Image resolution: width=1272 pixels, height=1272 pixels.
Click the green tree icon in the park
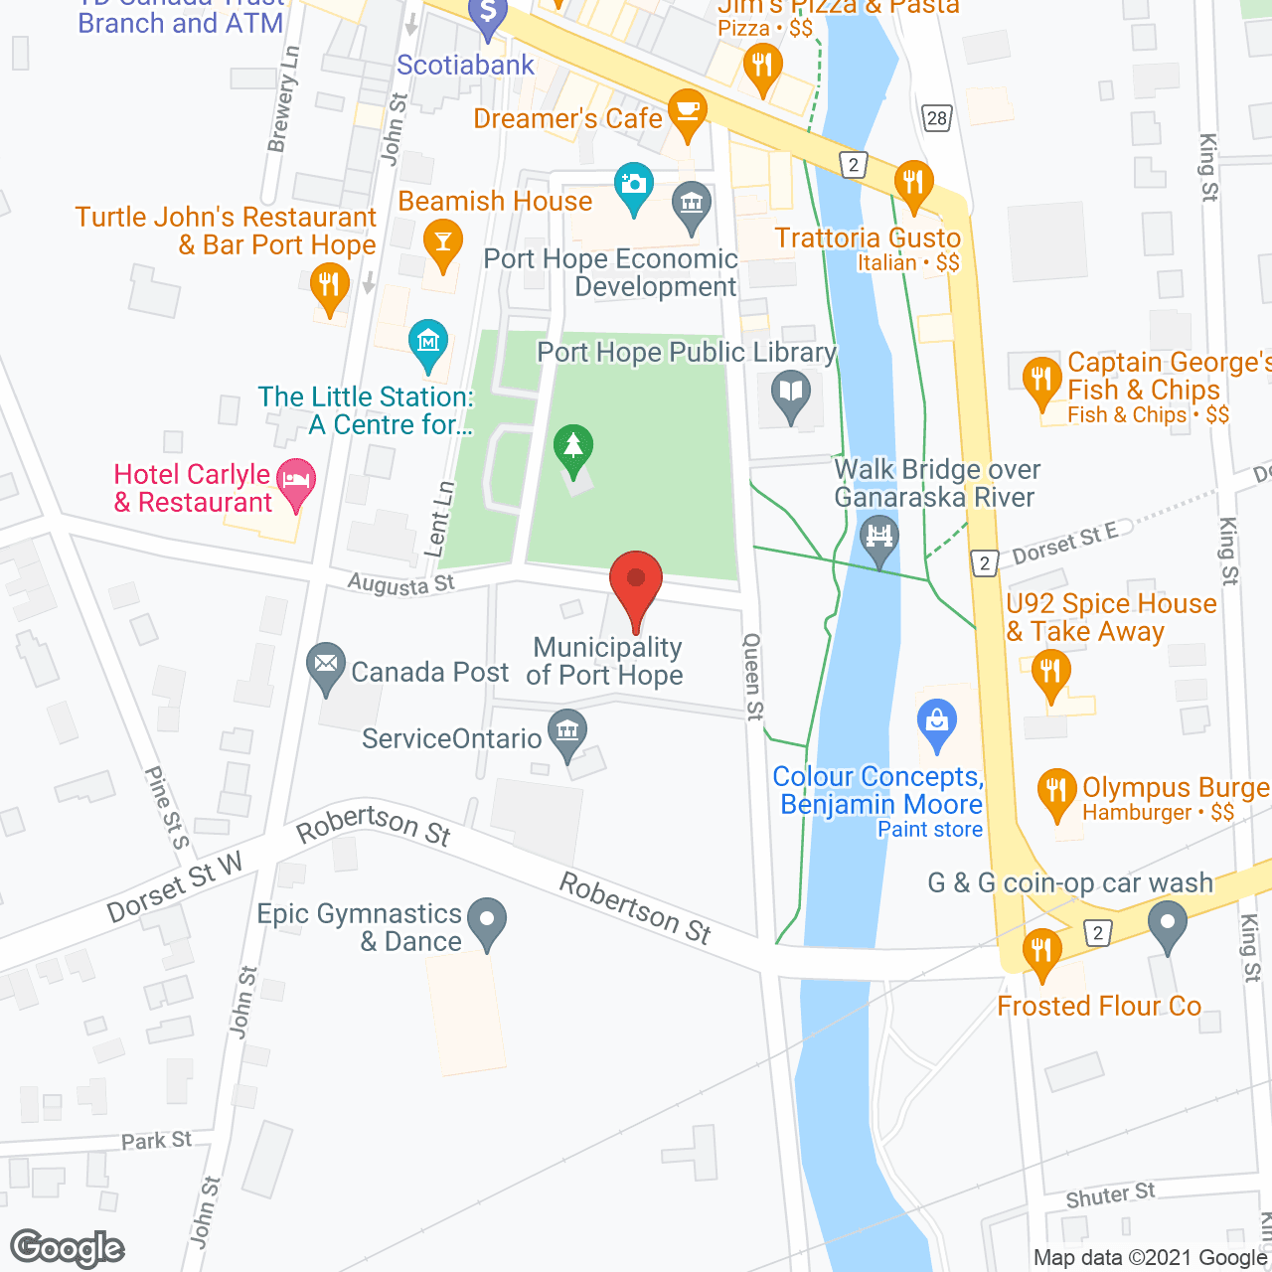click(x=573, y=446)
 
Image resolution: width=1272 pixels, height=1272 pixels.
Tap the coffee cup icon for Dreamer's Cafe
click(x=687, y=109)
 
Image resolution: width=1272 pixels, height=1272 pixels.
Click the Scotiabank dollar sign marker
click(x=487, y=13)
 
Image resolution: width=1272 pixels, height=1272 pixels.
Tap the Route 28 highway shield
click(x=936, y=118)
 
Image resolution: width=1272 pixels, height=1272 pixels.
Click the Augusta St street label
click(x=400, y=584)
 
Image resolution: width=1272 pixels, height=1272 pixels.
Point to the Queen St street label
click(x=753, y=676)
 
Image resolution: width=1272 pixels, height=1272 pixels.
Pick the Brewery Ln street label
click(x=283, y=99)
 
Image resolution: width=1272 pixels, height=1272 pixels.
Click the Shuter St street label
click(x=1110, y=1195)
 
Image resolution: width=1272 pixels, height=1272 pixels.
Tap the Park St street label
click(x=156, y=1140)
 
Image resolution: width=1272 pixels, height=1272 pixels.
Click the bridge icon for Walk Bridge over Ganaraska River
click(x=879, y=538)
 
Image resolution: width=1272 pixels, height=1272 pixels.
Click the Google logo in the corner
click(x=68, y=1248)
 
